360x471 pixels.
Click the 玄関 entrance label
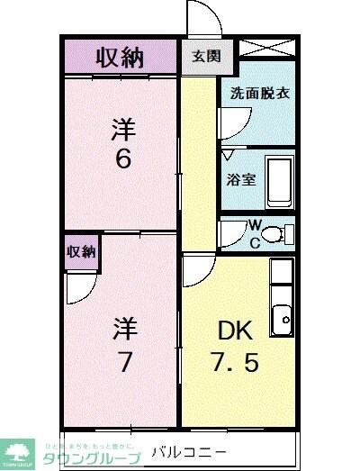[204, 56]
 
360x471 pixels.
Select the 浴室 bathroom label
[242, 178]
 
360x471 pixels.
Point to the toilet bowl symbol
[281, 234]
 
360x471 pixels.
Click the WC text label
[255, 233]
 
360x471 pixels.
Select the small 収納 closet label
[81, 252]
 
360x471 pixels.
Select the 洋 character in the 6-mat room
[123, 129]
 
